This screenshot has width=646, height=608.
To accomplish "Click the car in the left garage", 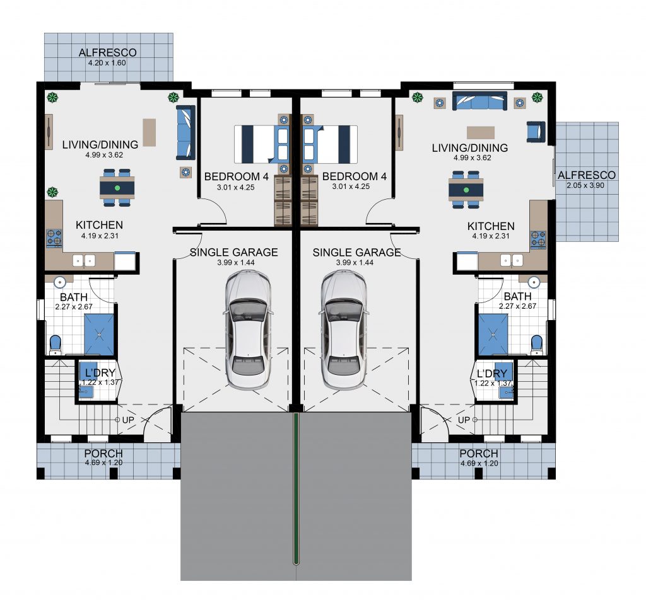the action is [248, 330].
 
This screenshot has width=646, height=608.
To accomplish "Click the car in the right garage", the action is [344, 330].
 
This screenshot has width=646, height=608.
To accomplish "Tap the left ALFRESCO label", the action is [107, 53].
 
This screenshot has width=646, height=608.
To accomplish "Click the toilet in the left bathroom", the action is [56, 345].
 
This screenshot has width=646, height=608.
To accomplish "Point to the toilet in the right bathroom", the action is [537, 345].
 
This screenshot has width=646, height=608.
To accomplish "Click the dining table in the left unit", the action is [117, 188].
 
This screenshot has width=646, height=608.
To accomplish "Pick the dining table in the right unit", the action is [466, 190].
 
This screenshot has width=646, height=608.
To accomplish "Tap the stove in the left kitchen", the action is [54, 238].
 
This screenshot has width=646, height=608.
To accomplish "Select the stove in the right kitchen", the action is [538, 240].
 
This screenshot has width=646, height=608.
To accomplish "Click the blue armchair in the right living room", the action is [536, 132].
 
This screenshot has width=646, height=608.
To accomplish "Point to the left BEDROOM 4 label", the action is [237, 176].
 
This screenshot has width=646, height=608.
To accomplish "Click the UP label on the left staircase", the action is [128, 420].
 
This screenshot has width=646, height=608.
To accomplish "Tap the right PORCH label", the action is [479, 454].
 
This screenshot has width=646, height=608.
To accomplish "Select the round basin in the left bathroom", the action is [60, 282].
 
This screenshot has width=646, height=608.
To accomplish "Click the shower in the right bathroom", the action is [493, 335].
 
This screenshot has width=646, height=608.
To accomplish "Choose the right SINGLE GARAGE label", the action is [357, 252].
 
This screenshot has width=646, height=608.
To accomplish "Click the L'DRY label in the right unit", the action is [492, 374].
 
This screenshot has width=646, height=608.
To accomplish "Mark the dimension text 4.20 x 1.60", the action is [107, 63].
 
